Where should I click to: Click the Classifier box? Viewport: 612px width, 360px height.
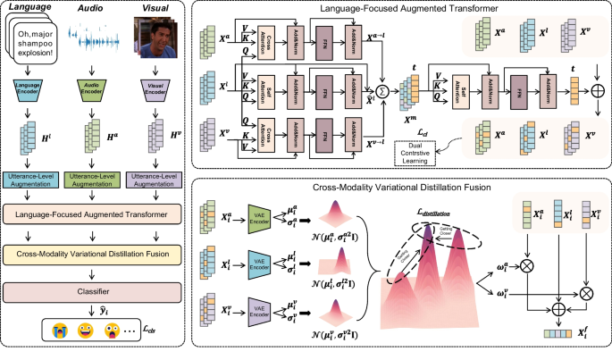[x=95, y=293]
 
